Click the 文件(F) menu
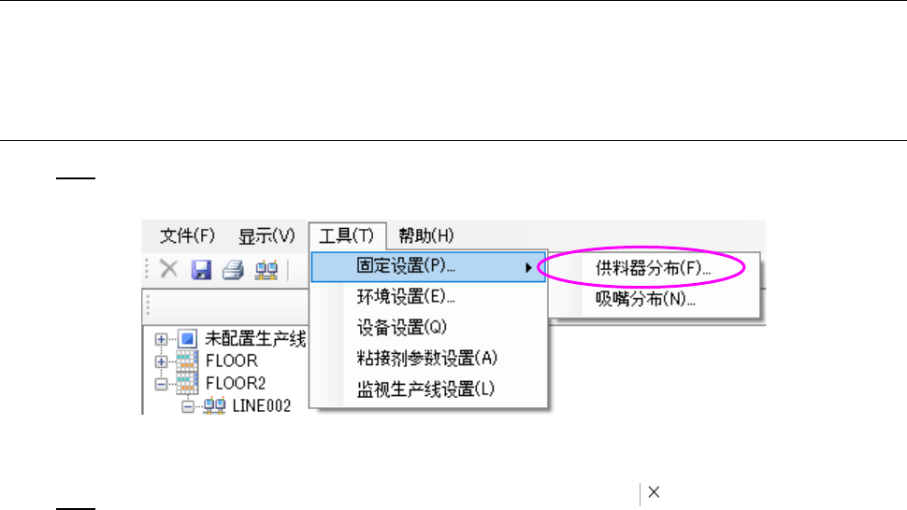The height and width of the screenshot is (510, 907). (187, 234)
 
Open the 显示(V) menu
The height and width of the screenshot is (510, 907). (266, 234)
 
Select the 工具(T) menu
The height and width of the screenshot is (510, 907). (346, 234)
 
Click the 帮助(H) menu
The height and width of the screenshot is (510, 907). (425, 234)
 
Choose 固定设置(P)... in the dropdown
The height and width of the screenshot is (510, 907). (406, 267)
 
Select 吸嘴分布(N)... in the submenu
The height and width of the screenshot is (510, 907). (645, 299)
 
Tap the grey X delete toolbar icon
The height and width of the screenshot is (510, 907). (169, 269)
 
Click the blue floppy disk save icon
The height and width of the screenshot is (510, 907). (201, 269)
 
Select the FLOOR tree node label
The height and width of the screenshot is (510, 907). (231, 361)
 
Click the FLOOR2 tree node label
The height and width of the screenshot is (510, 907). (235, 383)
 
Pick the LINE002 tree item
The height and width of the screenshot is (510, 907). (261, 405)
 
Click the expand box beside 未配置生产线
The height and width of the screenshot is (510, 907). (162, 338)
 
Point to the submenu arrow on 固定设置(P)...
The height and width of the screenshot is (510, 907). (530, 268)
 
